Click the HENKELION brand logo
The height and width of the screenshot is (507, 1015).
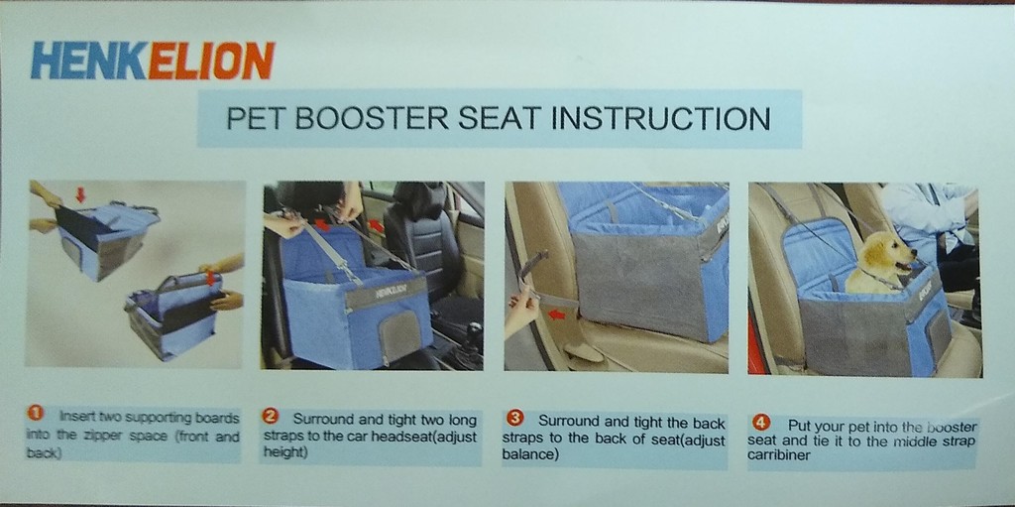(x=153, y=61)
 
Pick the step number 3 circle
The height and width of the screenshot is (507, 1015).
(x=516, y=419)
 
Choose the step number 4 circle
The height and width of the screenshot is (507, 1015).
(x=761, y=424)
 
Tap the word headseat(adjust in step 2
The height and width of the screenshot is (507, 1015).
(x=427, y=437)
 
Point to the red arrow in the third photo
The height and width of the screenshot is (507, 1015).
(x=557, y=316)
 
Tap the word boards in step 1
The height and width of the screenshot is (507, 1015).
(x=218, y=417)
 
